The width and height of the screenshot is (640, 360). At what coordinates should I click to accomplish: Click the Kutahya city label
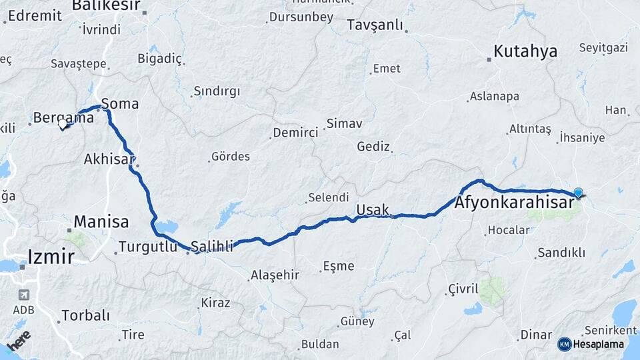tap(525, 51)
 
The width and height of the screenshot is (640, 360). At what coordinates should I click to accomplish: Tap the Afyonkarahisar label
tap(514, 203)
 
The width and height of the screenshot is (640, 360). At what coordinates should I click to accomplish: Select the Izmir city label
tap(51, 255)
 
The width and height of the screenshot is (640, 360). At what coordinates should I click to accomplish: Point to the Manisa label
tap(101, 221)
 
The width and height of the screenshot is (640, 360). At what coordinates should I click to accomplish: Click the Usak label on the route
tap(373, 210)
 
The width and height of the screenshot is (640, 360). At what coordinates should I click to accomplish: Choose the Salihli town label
tap(212, 247)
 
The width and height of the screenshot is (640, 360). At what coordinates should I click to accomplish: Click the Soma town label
tap(120, 104)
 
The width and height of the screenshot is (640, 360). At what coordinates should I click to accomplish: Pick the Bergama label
tap(64, 118)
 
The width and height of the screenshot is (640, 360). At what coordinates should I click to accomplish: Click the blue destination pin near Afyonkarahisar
tap(578, 193)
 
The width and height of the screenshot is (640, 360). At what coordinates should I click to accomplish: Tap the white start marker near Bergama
tap(63, 124)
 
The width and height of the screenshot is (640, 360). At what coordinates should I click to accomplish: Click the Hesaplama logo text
tap(598, 344)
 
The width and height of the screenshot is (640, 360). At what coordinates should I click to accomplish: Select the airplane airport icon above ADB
tap(24, 295)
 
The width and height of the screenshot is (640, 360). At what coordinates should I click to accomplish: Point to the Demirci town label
tap(295, 133)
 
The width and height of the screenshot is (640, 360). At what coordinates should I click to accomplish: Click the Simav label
tap(344, 123)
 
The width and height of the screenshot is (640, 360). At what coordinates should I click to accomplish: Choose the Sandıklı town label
tap(561, 253)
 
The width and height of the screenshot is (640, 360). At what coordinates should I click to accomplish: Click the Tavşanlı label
tap(375, 25)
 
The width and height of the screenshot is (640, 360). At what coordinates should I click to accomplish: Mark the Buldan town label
tap(320, 345)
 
